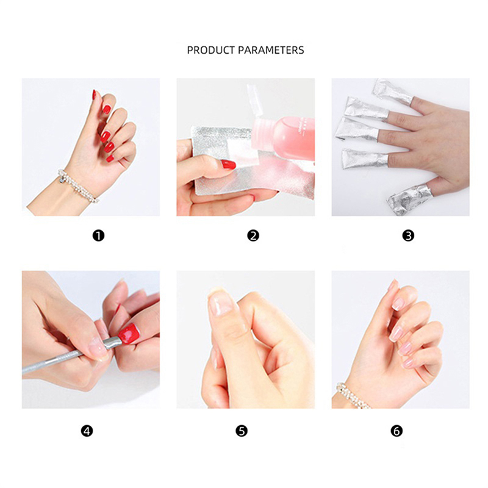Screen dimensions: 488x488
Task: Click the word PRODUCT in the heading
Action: coord(210,50)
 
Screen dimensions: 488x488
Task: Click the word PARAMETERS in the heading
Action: coord(271,50)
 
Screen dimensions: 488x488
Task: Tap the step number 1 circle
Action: coord(98,235)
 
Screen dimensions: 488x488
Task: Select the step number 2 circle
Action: coord(253,235)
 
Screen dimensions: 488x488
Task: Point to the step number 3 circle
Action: coord(408,235)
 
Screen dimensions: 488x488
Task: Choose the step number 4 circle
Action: coord(87,431)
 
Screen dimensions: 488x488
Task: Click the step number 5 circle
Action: coord(242,431)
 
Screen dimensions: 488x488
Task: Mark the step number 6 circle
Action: coord(396,431)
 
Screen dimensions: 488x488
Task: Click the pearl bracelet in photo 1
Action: coord(78,186)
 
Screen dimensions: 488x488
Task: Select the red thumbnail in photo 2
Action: coord(228,164)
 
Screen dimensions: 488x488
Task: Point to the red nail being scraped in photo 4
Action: coord(129,334)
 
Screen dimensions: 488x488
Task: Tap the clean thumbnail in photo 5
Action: coord(221,303)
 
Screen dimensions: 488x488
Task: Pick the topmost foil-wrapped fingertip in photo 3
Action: coord(393,91)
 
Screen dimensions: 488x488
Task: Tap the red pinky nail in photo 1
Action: coord(110,159)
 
